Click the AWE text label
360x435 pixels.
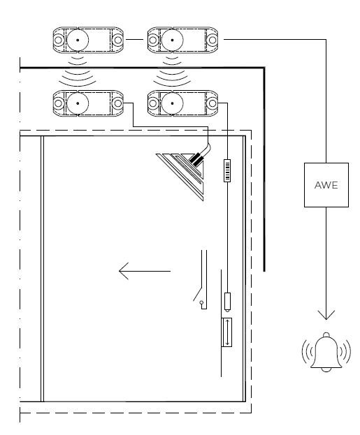[326, 185]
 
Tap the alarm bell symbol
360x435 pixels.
[326, 352]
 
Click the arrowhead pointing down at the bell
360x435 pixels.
[326, 315]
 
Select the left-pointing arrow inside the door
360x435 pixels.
[145, 271]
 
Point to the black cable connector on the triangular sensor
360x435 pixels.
[196, 160]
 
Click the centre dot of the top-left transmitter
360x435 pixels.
[78, 40]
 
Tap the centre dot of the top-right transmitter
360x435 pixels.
[172, 40]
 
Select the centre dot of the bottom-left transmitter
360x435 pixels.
[78, 103]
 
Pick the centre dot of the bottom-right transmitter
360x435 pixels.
[172, 103]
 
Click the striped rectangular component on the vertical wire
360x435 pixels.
[227, 170]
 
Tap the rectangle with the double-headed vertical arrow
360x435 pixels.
[227, 332]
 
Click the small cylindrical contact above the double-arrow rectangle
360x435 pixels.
[227, 302]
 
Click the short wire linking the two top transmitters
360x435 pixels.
[135, 40]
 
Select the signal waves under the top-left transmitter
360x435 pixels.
[78, 71]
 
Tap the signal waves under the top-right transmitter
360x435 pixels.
[172, 71]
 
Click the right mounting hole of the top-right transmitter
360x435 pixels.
[213, 40]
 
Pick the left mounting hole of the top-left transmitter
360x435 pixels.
[58, 40]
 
